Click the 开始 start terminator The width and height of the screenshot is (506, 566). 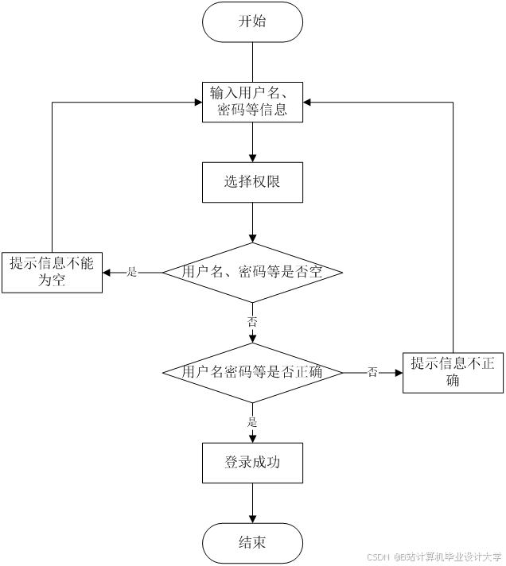tap(252, 21)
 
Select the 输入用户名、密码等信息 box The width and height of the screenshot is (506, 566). tap(252, 101)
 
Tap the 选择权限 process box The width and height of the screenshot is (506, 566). tap(252, 182)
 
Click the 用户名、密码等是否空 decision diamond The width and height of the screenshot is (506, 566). tap(252, 272)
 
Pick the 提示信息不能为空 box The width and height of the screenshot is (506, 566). tap(52, 272)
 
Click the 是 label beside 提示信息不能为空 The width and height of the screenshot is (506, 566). tap(132, 272)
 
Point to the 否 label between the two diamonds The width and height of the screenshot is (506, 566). tap(252, 323)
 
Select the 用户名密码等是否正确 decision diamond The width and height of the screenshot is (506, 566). tap(252, 372)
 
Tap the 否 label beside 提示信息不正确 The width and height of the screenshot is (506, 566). tap(372, 372)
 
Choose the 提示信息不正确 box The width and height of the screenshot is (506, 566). tap(453, 372)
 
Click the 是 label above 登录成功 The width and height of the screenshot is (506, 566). tap(252, 422)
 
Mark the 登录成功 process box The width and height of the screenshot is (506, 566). tap(252, 462)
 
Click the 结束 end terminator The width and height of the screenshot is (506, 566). tap(252, 543)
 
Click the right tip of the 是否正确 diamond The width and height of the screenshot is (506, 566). tap(340, 372)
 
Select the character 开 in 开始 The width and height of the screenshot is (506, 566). tap(245, 21)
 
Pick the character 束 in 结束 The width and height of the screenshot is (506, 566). tap(259, 543)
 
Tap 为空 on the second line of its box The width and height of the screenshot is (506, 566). tap(52, 281)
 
